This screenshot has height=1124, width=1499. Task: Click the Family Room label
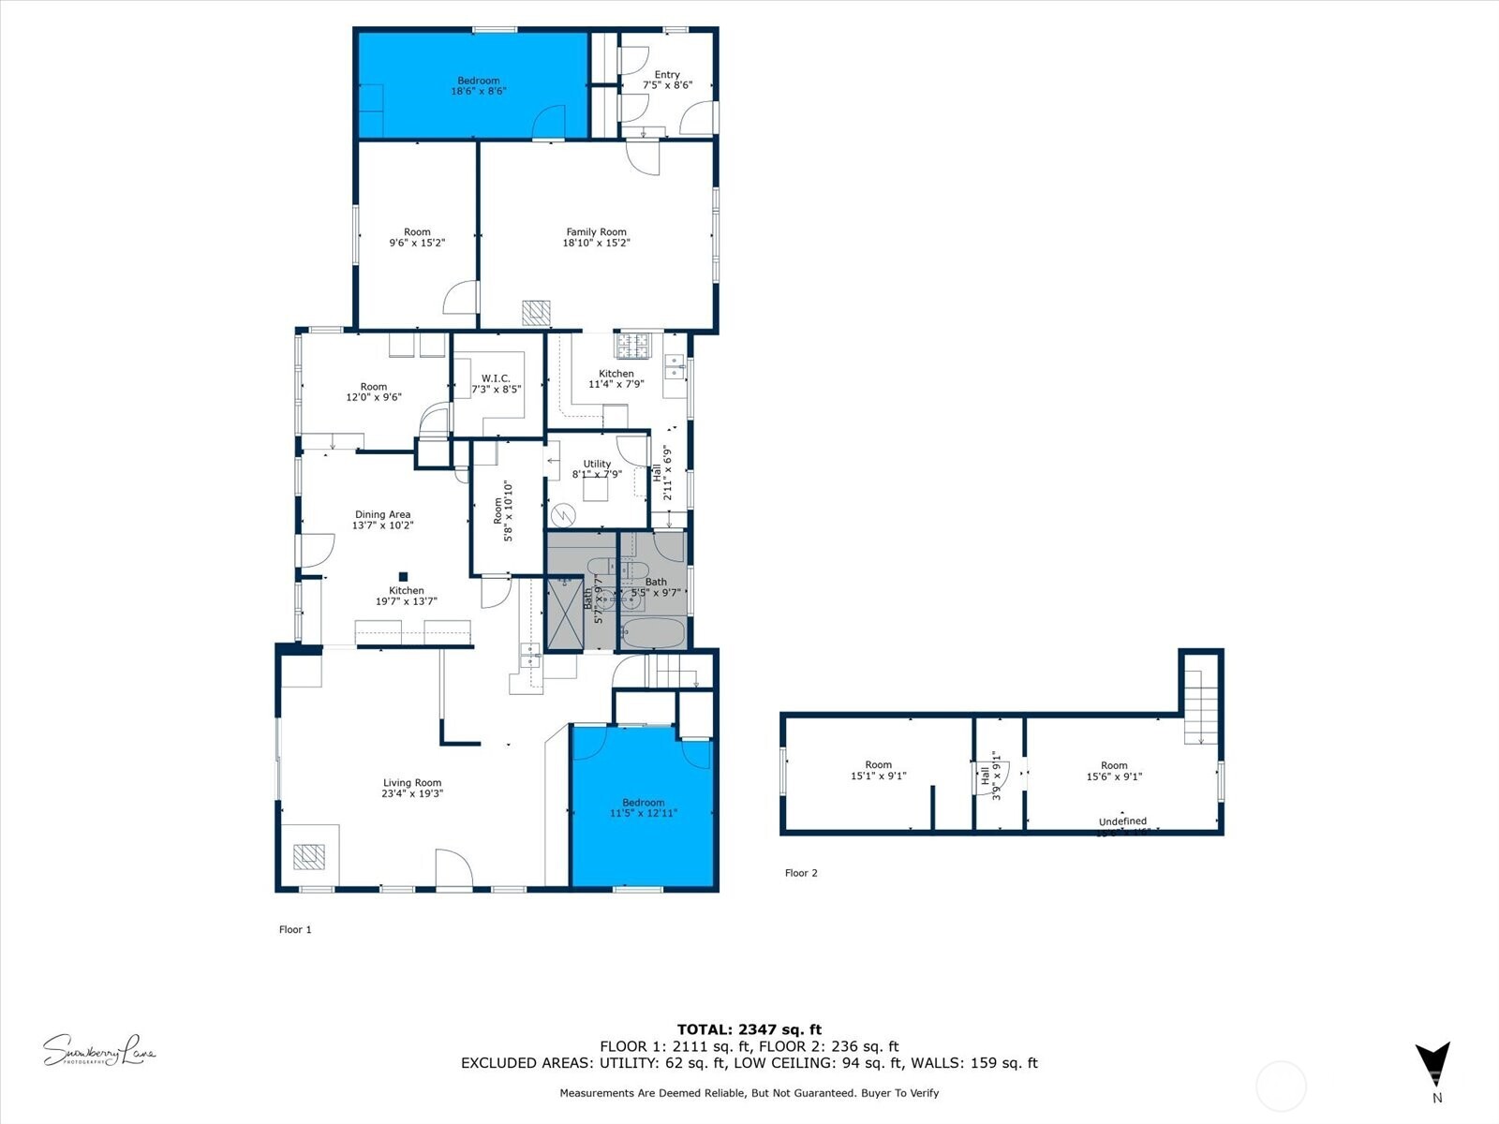[596, 232]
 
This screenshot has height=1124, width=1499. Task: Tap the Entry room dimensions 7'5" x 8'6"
[667, 85]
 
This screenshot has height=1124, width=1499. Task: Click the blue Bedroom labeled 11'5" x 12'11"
[643, 807]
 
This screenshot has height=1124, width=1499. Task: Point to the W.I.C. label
[496, 378]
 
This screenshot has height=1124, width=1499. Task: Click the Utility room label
[597, 464]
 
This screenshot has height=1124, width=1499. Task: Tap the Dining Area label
[382, 514]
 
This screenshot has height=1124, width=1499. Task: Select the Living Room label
[411, 783]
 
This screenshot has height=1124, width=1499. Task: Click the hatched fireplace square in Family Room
[536, 313]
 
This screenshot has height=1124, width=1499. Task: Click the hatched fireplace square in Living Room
[308, 857]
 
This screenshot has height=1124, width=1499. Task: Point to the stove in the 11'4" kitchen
[632, 346]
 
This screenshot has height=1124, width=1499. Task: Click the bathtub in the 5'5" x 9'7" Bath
[653, 633]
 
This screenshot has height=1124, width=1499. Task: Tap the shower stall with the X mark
[565, 614]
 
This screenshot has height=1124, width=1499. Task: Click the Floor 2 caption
[801, 873]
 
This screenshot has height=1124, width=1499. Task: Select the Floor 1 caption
[295, 929]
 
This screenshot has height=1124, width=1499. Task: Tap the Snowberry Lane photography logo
[99, 1050]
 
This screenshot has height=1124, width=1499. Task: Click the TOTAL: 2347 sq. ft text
[749, 1029]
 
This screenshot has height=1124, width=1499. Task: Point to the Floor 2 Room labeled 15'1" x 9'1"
[878, 770]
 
